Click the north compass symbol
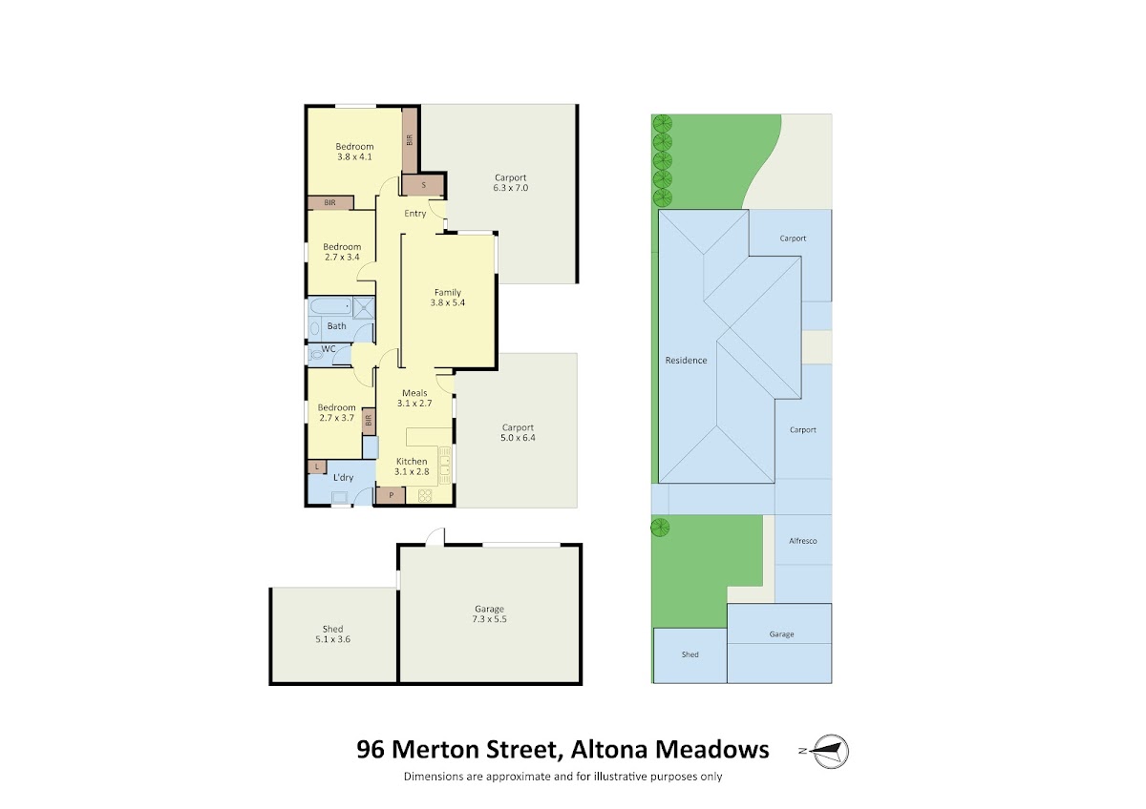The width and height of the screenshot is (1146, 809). tap(830, 751)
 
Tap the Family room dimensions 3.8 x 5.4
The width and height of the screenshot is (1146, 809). tap(447, 302)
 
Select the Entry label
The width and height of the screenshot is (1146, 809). tap(414, 214)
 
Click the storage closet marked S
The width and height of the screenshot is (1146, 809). tap(423, 185)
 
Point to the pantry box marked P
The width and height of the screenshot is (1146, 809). tap(391, 495)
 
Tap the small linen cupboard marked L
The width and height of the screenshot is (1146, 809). tap(317, 467)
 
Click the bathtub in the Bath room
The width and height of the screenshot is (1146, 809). tap(330, 306)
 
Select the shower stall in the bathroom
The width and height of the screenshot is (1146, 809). tap(364, 307)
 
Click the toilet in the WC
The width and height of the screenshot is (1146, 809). tap(317, 354)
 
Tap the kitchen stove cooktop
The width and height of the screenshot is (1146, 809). tap(425, 495)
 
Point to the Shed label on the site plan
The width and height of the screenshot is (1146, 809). tap(690, 654)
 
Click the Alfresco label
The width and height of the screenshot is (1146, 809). tap(803, 541)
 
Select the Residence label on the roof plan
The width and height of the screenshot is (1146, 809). tap(686, 361)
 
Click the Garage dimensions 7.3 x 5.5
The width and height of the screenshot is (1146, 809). tap(490, 619)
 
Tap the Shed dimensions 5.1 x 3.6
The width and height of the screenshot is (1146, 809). tap(332, 639)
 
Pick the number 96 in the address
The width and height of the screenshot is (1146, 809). tap(371, 750)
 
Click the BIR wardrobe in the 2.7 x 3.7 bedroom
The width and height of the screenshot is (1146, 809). tap(369, 421)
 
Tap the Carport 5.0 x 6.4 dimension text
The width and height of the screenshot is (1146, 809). tap(518, 438)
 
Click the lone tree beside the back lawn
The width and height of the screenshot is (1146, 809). tap(660, 527)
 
